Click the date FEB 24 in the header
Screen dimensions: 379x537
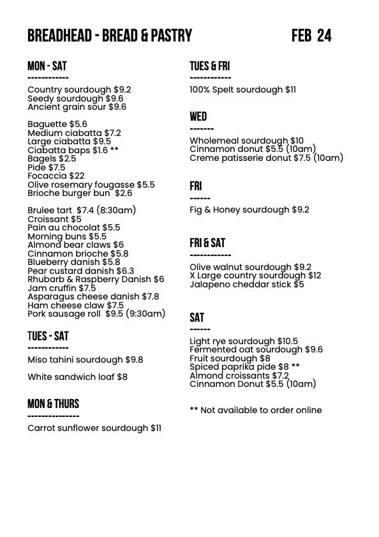311,36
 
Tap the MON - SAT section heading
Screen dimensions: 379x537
47,66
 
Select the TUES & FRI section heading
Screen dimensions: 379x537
209,66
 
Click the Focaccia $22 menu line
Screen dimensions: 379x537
56,176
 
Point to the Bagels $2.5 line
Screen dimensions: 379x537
52,158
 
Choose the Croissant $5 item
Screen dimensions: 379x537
54,219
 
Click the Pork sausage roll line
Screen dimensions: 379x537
96,314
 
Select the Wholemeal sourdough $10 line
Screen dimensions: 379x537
246,140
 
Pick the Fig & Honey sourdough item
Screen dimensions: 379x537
249,209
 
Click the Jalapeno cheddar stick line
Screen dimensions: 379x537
246,284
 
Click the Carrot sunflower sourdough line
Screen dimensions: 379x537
94,428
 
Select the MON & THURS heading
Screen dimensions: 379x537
53,404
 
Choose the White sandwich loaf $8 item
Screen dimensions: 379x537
77,377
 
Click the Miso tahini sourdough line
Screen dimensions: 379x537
85,359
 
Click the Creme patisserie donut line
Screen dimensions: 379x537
266,158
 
